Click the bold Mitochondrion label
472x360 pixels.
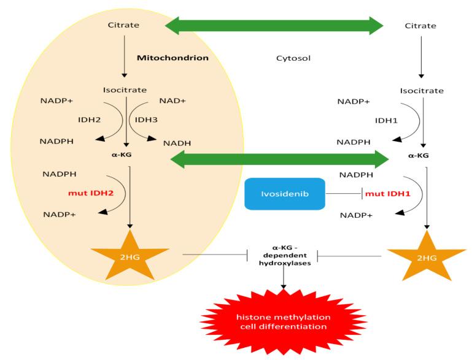pyautogui.click(x=173, y=58)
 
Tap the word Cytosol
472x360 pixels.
pyautogui.click(x=291, y=59)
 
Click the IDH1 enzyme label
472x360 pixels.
pyautogui.click(x=387, y=120)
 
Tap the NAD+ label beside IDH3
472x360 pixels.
pyautogui.click(x=173, y=100)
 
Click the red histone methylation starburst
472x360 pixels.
pyautogui.click(x=284, y=322)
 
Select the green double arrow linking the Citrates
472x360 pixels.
pyautogui.click(x=275, y=25)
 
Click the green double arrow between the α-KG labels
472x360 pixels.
pyautogui.click(x=279, y=159)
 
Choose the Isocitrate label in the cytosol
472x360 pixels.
pyautogui.click(x=421, y=90)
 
